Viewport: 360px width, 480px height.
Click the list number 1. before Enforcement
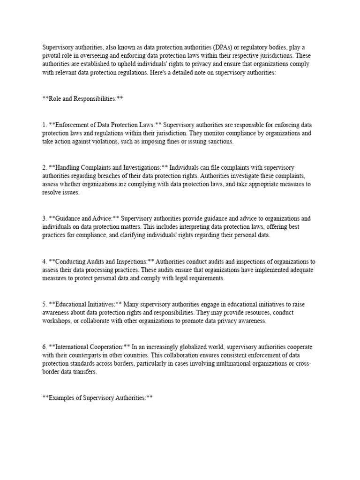point(45,125)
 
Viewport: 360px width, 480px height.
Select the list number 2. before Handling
point(45,167)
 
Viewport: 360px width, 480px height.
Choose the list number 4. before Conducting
point(45,262)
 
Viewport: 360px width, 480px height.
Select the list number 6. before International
point(45,347)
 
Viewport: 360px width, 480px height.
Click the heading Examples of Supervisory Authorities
point(97,398)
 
